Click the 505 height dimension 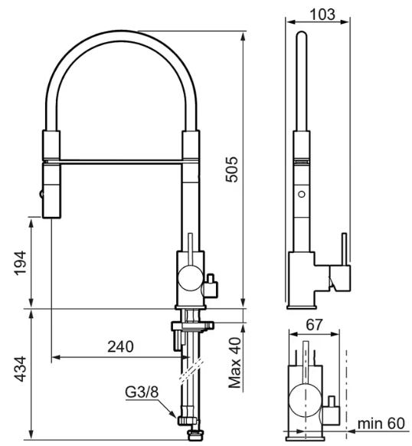coord(231,169)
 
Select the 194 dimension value coord(21,263)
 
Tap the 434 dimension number coord(21,369)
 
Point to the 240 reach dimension coord(120,346)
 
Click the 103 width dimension coord(322,15)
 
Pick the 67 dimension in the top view coord(314,325)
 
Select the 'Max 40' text coord(235,362)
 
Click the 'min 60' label coord(381,424)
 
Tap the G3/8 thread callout coord(142,392)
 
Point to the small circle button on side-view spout coord(302,195)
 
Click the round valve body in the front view coord(190,277)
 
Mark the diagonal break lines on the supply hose coord(191,370)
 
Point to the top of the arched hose coord(121,36)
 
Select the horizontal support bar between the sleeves coord(121,162)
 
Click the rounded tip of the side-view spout coord(302,35)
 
